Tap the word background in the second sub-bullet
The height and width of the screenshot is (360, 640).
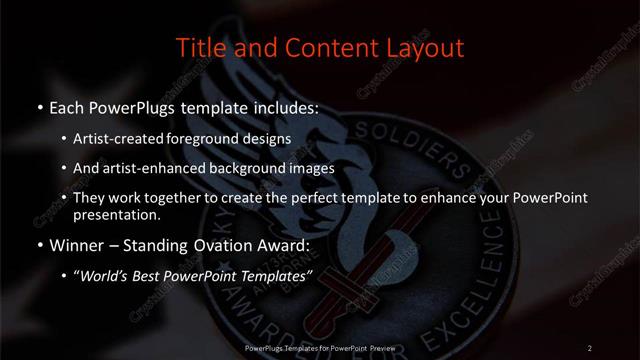(x=232, y=168)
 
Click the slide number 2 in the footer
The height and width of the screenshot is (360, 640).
(x=590, y=347)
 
